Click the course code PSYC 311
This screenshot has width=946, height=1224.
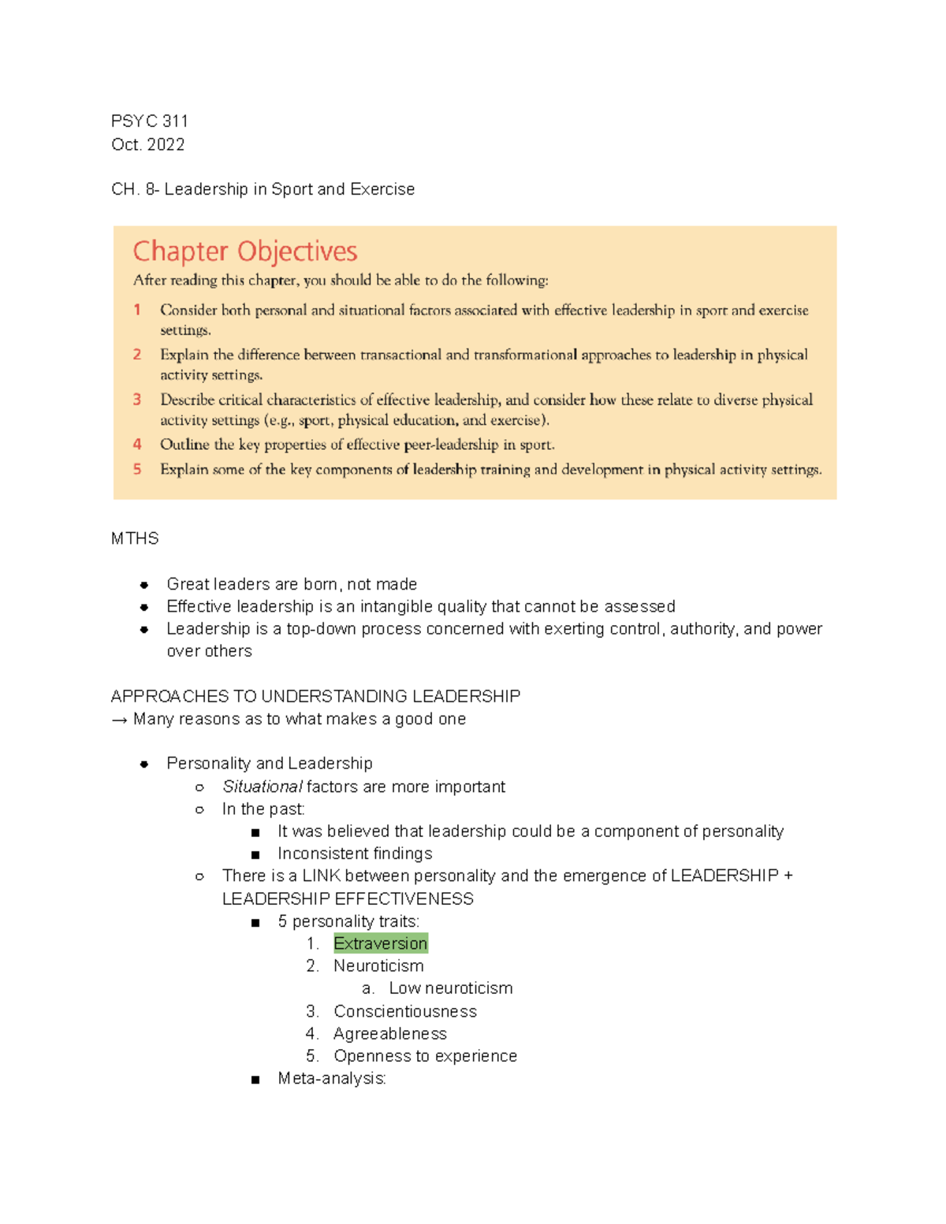click(150, 121)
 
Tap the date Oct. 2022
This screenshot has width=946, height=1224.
click(148, 145)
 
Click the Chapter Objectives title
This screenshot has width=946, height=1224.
click(245, 251)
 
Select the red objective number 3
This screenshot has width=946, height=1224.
click(137, 400)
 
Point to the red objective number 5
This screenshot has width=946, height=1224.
click(137, 469)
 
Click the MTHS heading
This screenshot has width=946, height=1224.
click(135, 539)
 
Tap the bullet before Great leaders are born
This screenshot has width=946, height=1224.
click(144, 585)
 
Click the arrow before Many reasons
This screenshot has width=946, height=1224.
click(120, 720)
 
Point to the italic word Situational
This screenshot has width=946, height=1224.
click(262, 787)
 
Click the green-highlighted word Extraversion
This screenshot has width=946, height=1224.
click(380, 943)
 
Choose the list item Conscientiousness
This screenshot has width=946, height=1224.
click(405, 1011)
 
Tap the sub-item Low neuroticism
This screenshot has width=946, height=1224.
click(450, 988)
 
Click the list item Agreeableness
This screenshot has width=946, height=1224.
click(390, 1033)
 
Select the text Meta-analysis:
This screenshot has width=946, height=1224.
click(332, 1078)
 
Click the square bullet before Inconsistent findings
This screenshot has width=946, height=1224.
click(255, 854)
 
